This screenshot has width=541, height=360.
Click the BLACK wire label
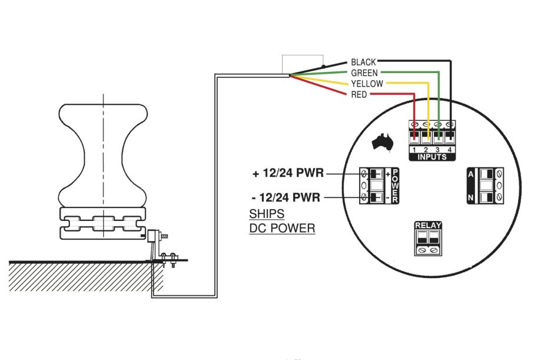[x=363, y=62]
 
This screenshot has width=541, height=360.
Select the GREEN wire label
[x=364, y=73]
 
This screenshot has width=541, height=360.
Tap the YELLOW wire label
[x=367, y=84]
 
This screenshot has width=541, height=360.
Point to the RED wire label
[x=359, y=94]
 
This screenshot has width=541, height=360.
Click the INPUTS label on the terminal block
[x=432, y=157]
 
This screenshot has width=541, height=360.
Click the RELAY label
[x=428, y=226]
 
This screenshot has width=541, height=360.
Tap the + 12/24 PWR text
[x=288, y=173]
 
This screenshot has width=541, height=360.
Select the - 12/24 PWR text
[x=286, y=197]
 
